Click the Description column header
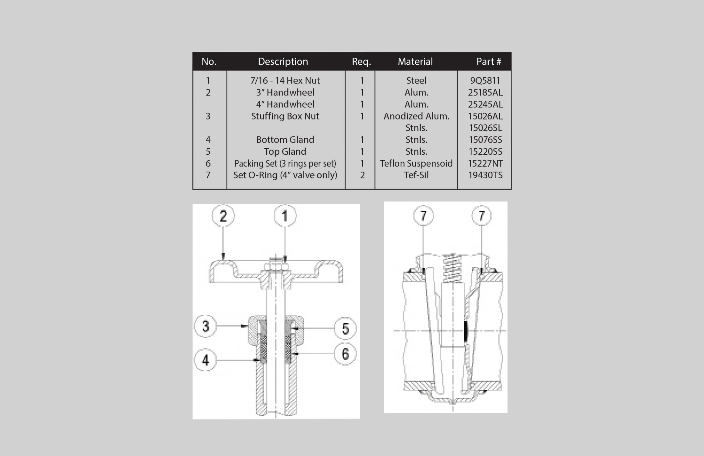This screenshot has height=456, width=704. tap(283, 61)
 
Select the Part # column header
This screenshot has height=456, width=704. tap(488, 61)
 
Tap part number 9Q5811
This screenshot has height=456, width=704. tap(485, 80)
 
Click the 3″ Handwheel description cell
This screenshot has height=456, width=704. tap(285, 93)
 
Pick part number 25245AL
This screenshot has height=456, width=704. tap(485, 104)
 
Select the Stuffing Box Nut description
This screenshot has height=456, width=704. tap(285, 116)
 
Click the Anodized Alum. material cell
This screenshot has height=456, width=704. tap(416, 116)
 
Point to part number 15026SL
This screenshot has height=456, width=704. tap(485, 128)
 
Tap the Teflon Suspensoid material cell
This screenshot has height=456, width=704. tap(416, 163)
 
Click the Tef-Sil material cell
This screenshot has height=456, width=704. tap(416, 175)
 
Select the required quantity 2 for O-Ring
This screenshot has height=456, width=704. tap(362, 175)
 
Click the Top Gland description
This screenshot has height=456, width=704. tap(285, 151)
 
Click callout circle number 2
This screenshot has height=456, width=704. tap(223, 216)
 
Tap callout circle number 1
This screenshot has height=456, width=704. tap(285, 216)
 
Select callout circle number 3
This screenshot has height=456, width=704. tap(205, 326)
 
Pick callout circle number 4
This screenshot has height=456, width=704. tap(205, 360)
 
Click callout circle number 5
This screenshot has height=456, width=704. tap(345, 328)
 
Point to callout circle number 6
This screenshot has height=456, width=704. tap(345, 354)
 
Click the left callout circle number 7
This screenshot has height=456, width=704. tap(423, 216)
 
